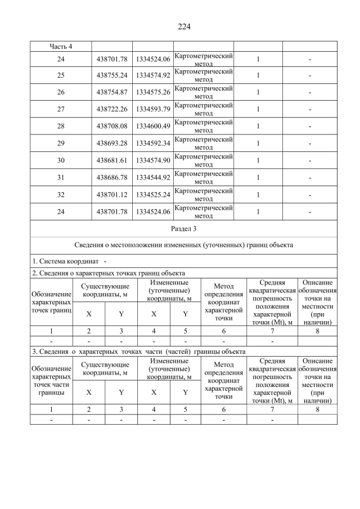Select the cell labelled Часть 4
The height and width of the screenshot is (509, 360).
pyautogui.click(x=61, y=46)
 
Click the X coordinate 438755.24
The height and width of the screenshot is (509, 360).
pyautogui.click(x=112, y=75)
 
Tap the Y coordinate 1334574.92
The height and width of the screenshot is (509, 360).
pyautogui.click(x=153, y=75)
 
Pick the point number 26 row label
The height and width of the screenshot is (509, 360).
pyautogui.click(x=61, y=92)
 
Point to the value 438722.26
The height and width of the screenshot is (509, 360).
pyautogui.click(x=112, y=110)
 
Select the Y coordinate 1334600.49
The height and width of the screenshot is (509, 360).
pyautogui.click(x=153, y=127)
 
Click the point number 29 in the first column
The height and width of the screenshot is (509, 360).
pyautogui.click(x=61, y=143)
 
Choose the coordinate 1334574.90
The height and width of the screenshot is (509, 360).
pyautogui.click(x=153, y=160)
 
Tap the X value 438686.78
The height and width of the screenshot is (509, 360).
pyautogui.click(x=112, y=178)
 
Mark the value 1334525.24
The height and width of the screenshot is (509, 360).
pyautogui.click(x=153, y=195)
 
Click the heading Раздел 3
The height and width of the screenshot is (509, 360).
pyautogui.click(x=184, y=229)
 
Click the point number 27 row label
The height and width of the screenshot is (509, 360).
pyautogui.click(x=61, y=110)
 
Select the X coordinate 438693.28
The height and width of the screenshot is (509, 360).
pyautogui.click(x=112, y=143)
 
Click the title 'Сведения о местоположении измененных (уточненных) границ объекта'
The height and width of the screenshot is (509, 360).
pyautogui.click(x=184, y=245)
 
